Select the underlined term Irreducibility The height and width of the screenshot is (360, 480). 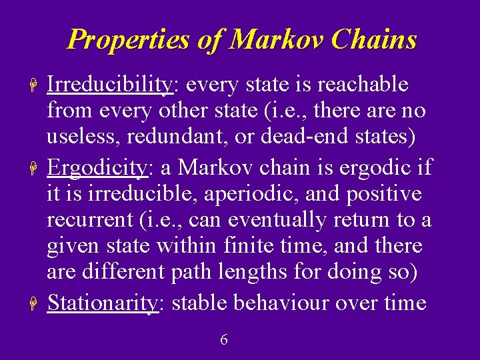click(x=110, y=85)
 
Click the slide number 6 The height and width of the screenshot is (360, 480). click(x=224, y=340)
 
